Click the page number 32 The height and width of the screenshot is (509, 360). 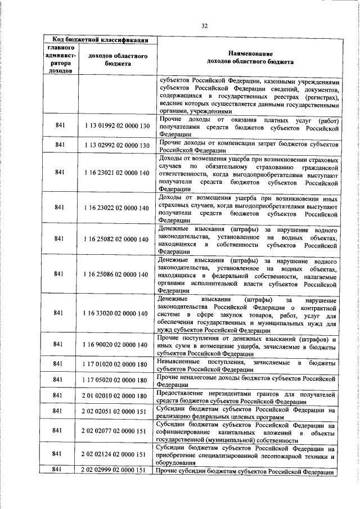pyautogui.click(x=205, y=25)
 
